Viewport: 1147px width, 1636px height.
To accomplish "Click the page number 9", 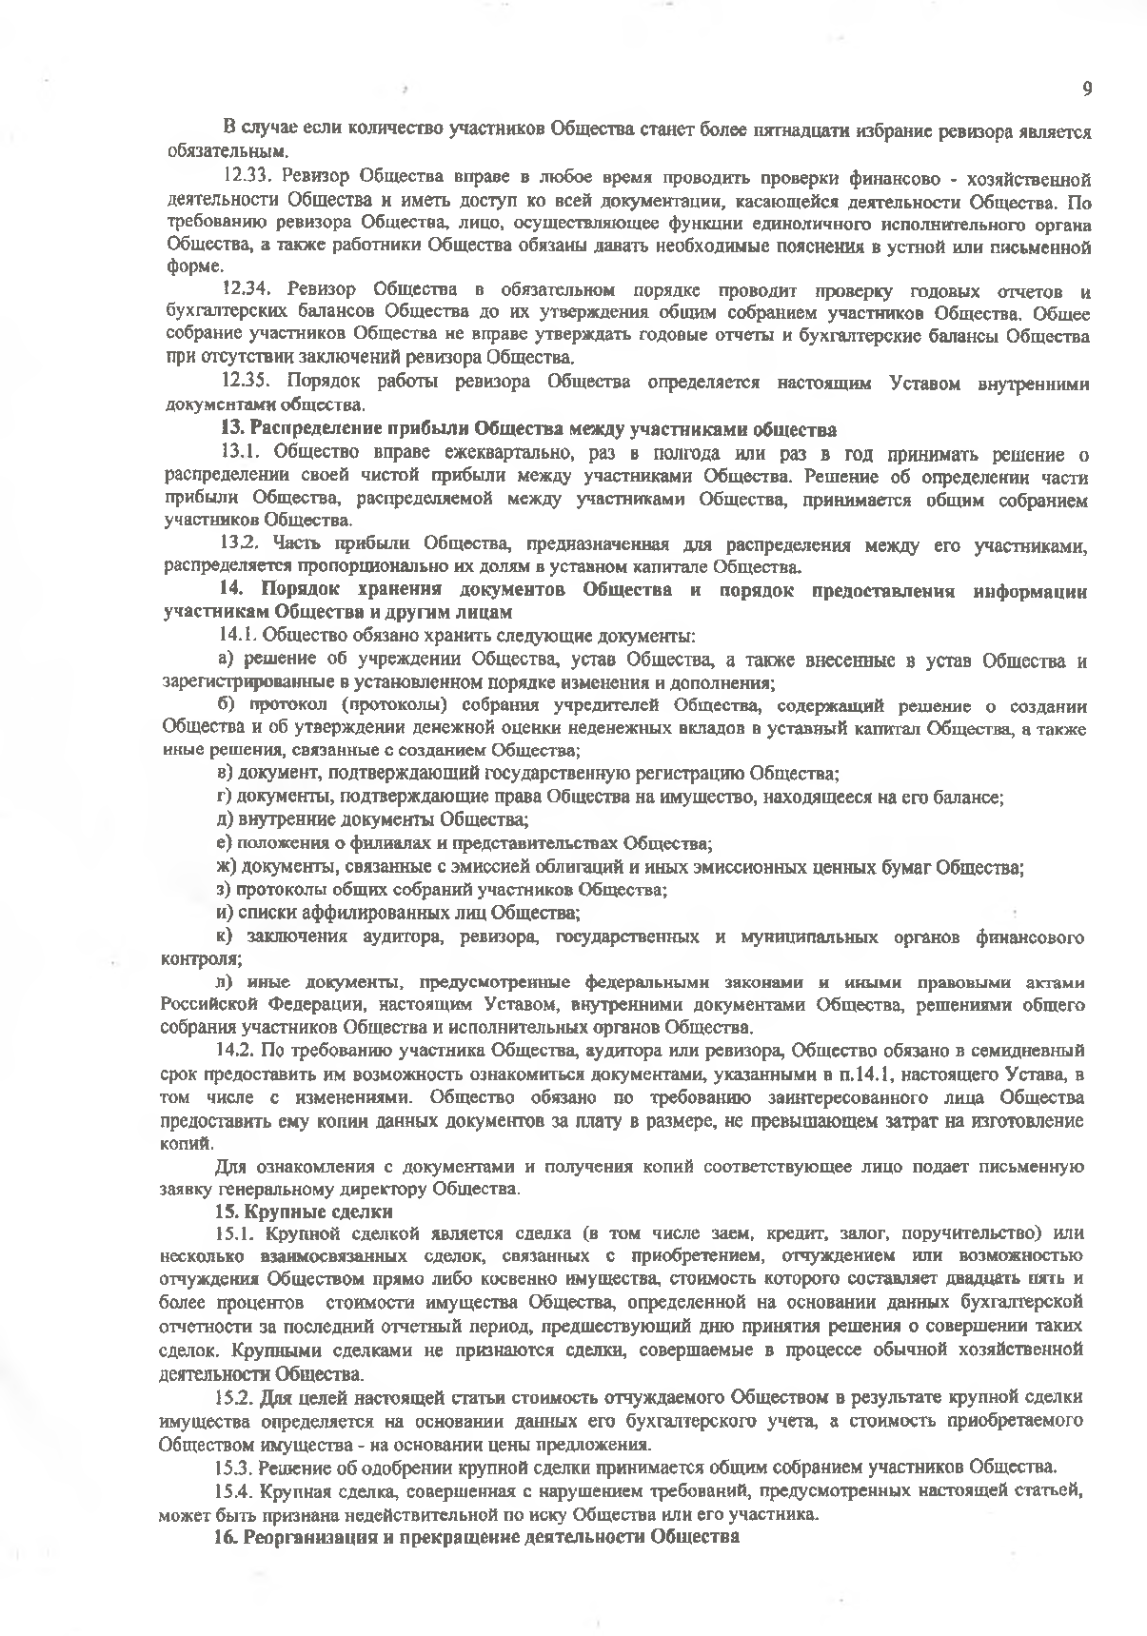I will click(x=1086, y=89).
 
